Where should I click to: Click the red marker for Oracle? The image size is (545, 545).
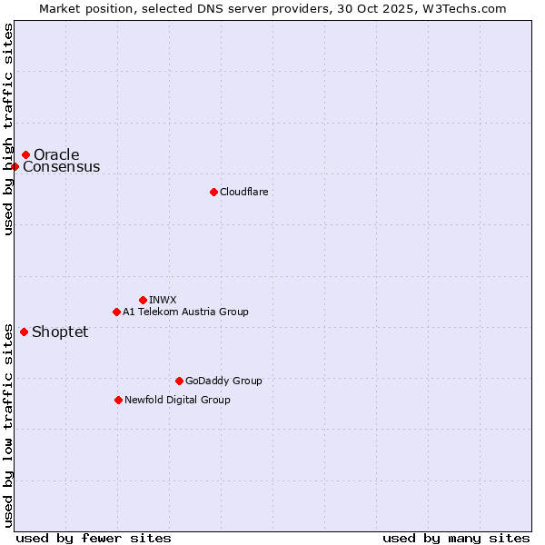click(x=25, y=155)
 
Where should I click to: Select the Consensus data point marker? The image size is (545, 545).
click(x=15, y=166)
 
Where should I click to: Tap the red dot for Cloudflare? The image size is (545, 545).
click(x=213, y=192)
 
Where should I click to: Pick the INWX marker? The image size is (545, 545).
click(x=143, y=300)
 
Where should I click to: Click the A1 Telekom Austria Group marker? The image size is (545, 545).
click(x=116, y=312)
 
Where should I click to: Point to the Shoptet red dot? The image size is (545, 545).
click(x=24, y=332)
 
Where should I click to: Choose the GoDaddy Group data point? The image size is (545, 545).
click(x=179, y=381)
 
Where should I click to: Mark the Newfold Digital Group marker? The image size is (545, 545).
click(x=118, y=400)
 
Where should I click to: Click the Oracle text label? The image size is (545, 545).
click(x=56, y=155)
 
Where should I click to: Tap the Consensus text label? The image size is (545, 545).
click(x=62, y=167)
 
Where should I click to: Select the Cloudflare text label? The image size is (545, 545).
click(x=243, y=192)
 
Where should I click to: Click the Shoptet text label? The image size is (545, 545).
click(x=60, y=332)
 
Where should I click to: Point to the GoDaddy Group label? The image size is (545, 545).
click(x=223, y=381)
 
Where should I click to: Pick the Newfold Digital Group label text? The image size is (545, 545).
click(x=177, y=400)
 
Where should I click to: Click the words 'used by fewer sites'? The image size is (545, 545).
click(x=94, y=538)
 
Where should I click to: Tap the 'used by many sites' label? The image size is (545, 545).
click(x=456, y=538)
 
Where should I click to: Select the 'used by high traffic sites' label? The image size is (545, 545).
click(x=9, y=129)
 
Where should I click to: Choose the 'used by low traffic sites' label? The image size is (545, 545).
click(x=9, y=424)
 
